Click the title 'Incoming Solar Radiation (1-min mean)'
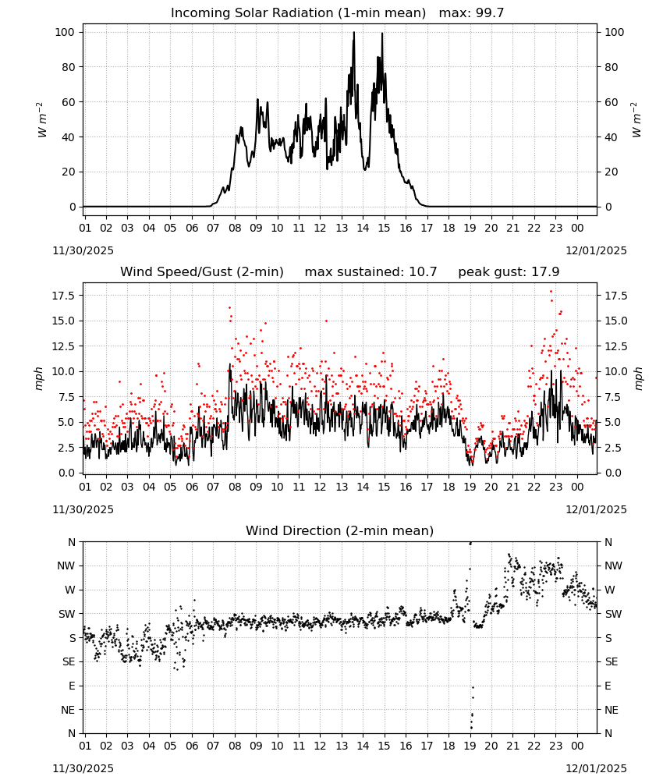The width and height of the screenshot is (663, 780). point(299,13)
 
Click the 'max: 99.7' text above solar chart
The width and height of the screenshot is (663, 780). point(472,13)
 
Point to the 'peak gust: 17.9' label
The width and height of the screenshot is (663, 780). point(509,272)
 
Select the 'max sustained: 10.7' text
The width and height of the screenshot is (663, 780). point(371,272)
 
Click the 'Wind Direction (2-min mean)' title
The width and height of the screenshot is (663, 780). point(340,530)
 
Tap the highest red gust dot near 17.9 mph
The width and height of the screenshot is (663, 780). point(551,292)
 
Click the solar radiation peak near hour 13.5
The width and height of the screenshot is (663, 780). point(353,32)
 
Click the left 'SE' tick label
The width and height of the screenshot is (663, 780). point(69,662)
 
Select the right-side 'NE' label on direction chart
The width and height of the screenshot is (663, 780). point(612,710)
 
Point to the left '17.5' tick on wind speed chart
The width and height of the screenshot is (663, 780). point(64,296)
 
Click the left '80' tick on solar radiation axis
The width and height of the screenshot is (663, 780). point(69,67)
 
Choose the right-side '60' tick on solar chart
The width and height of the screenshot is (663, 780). point(611,102)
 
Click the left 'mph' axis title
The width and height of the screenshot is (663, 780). point(39,378)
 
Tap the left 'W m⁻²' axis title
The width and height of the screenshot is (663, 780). point(42,119)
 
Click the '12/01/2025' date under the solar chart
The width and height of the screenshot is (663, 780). point(597,250)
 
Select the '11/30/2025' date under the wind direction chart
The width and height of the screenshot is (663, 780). point(83,768)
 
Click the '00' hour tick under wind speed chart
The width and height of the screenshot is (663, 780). point(577,487)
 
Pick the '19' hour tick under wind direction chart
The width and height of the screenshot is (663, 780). point(470,746)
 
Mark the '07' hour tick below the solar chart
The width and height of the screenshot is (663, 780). point(213,228)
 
